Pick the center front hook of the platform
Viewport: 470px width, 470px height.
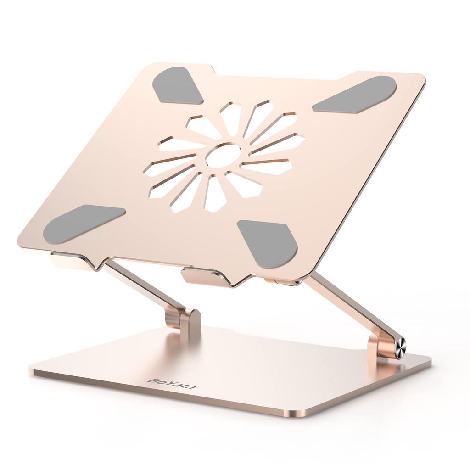click(x=202, y=277)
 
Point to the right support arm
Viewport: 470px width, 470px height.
click(x=349, y=308)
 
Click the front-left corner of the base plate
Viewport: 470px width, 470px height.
click(x=31, y=370)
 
